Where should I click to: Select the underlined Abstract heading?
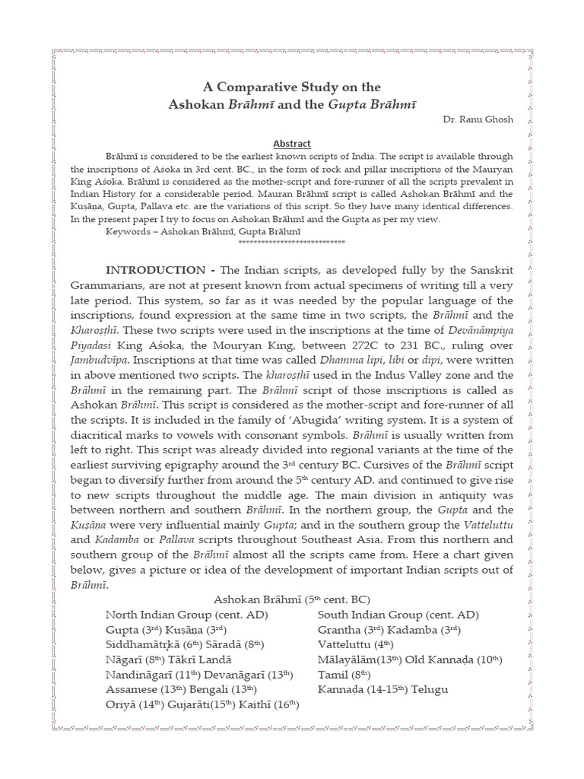(292, 143)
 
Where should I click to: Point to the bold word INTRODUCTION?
(155, 271)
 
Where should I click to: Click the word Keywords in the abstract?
(130, 231)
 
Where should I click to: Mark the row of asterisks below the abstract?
(292, 242)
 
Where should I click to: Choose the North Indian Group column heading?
(186, 615)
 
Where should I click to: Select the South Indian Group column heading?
(398, 615)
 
